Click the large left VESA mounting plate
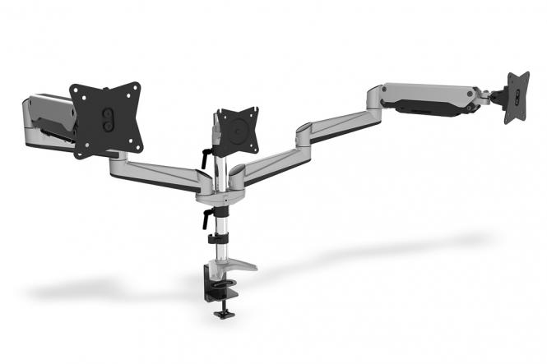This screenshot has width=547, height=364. pyautogui.click(x=104, y=120)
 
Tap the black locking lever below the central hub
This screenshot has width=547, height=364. pyautogui.click(x=202, y=218)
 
